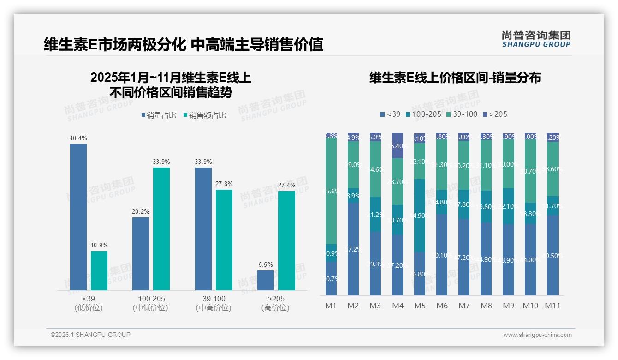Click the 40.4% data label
coord(78,138)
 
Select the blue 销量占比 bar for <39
coord(78,217)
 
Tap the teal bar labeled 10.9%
coord(99,270)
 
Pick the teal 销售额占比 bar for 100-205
coord(161,228)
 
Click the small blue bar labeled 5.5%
coord(266,280)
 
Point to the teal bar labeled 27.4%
coord(286,240)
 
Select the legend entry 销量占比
coord(159,115)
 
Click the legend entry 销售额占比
coord(204,115)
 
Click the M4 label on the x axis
coord(398,306)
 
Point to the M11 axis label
coord(552,306)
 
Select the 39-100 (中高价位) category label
coord(214,303)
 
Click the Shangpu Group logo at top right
coord(536,39)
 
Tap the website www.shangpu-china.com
coord(537,335)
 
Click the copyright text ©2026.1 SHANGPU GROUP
coord(90,335)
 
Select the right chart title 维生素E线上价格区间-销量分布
coord(455,78)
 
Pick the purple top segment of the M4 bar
coord(398,145)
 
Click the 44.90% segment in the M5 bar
coord(420,215)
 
